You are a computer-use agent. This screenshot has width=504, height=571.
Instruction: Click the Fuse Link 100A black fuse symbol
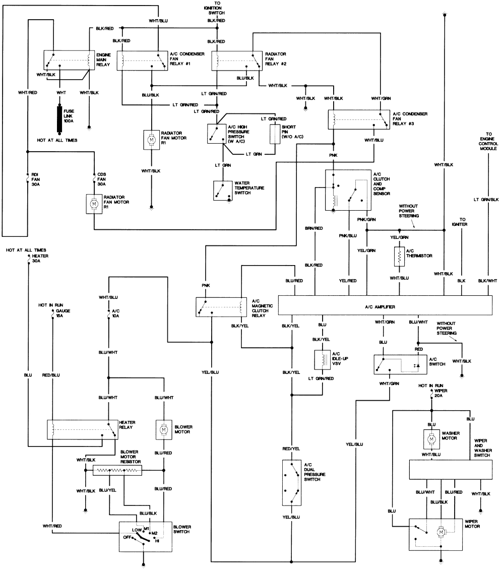(x=59, y=118)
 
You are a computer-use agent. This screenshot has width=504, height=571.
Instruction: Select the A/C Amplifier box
(x=385, y=306)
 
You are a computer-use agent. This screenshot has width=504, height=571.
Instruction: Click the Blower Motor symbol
(x=164, y=429)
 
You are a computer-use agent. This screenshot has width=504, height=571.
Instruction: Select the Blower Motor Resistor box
(x=117, y=470)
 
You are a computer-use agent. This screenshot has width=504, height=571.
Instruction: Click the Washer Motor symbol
(x=431, y=439)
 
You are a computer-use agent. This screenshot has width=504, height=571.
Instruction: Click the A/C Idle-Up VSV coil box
(x=323, y=360)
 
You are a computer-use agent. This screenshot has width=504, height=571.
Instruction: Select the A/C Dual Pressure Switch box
(x=291, y=482)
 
